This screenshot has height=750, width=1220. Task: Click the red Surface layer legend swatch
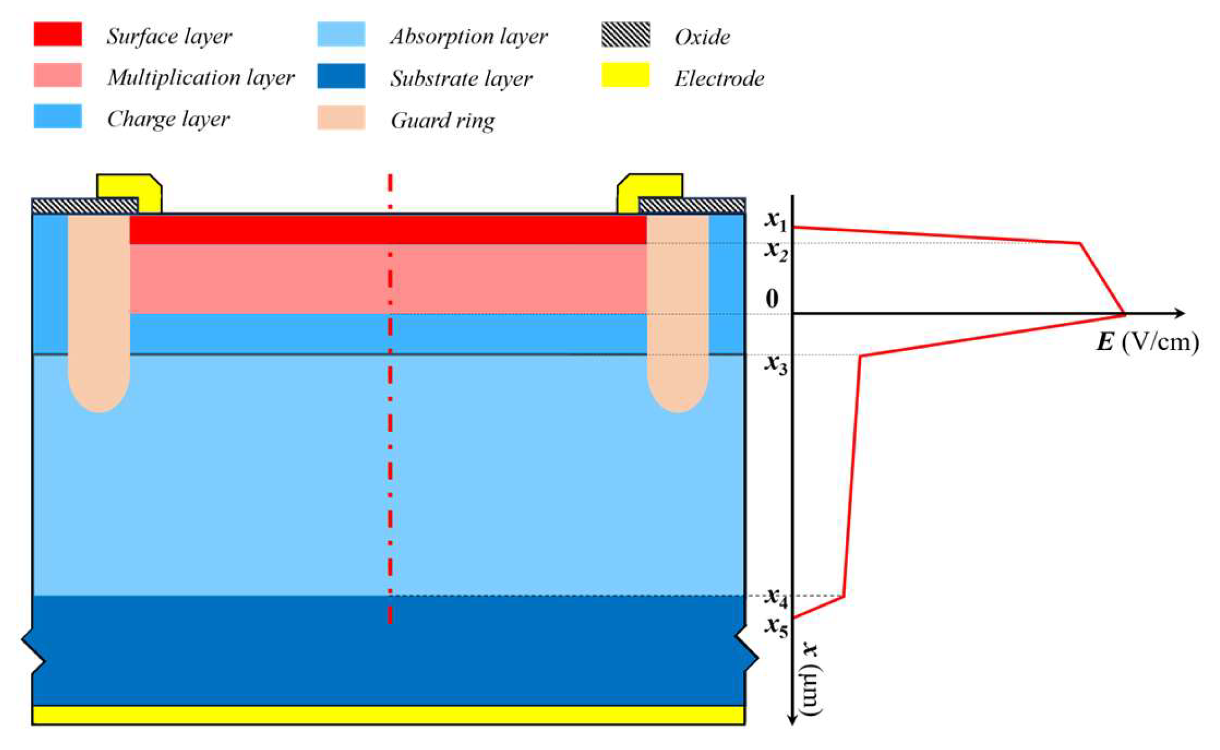tap(57, 34)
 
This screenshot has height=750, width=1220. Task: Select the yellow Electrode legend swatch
tap(625, 75)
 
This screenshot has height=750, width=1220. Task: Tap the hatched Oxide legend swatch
tap(625, 35)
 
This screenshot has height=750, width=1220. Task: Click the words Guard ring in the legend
tap(442, 120)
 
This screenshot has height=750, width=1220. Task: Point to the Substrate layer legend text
tap(461, 78)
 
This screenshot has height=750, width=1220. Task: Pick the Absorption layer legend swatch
tap(341, 34)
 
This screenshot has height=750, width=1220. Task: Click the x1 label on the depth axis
tap(775, 221)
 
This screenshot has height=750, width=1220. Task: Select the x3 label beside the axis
tap(775, 365)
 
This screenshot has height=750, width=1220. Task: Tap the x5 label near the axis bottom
tap(776, 627)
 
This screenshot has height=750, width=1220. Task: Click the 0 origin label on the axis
tap(772, 298)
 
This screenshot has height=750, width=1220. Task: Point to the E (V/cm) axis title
tap(1146, 342)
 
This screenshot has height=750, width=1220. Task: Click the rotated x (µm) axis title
tap(810, 679)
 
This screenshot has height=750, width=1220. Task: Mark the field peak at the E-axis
tap(1124, 313)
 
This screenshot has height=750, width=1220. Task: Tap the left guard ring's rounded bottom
tap(99, 401)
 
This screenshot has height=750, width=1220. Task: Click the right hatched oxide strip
tap(692, 205)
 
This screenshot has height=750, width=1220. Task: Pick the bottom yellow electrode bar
tap(388, 715)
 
